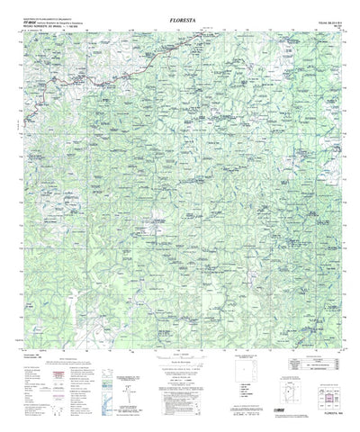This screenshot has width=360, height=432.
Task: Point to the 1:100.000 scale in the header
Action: [75, 26]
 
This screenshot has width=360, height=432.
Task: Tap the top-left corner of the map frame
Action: [22, 32]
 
